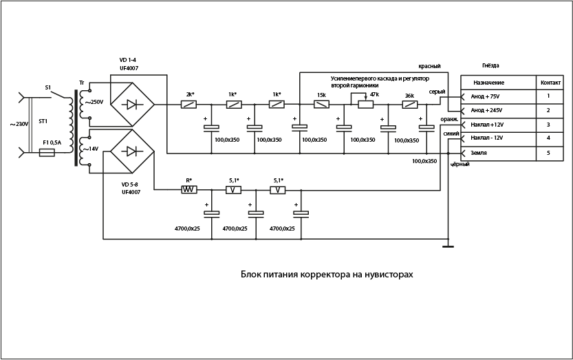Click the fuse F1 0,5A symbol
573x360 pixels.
tap(47, 153)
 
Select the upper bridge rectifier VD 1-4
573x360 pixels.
tap(132, 105)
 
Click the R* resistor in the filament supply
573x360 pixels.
tap(189, 189)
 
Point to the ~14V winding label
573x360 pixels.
tap(90, 148)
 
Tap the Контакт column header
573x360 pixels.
tap(550, 82)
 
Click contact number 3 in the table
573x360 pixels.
tap(548, 125)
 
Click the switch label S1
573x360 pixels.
tap(48, 88)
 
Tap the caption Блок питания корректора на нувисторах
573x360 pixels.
tap(327, 274)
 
